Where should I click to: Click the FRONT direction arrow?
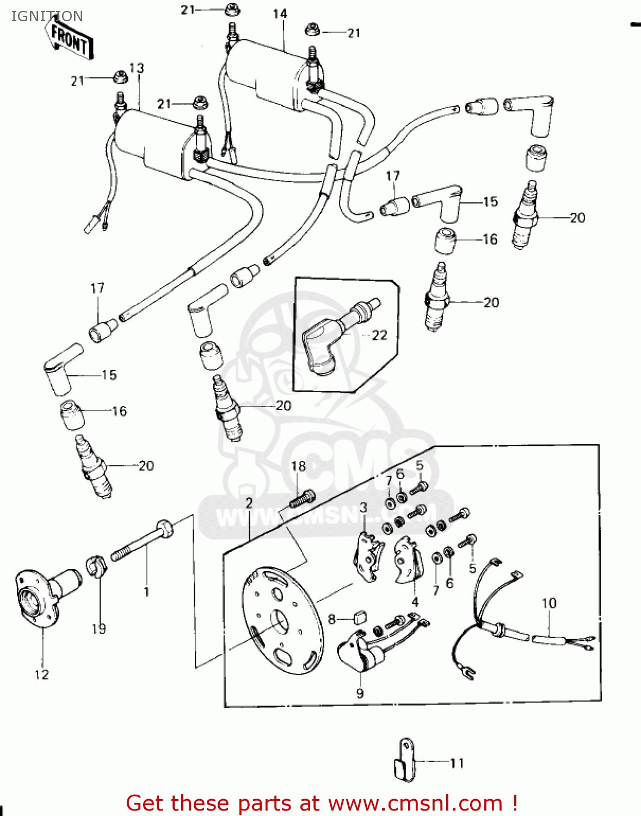click(x=70, y=38)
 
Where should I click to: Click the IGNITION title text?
click(x=47, y=16)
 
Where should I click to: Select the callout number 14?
click(x=280, y=14)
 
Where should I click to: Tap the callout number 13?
click(x=137, y=68)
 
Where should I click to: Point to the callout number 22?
click(x=379, y=335)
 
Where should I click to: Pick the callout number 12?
click(x=42, y=675)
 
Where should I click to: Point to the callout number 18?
click(x=298, y=466)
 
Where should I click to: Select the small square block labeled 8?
click(x=359, y=617)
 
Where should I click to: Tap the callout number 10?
click(x=548, y=603)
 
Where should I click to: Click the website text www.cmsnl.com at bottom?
click(x=416, y=803)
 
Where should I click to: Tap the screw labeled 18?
click(x=303, y=498)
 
